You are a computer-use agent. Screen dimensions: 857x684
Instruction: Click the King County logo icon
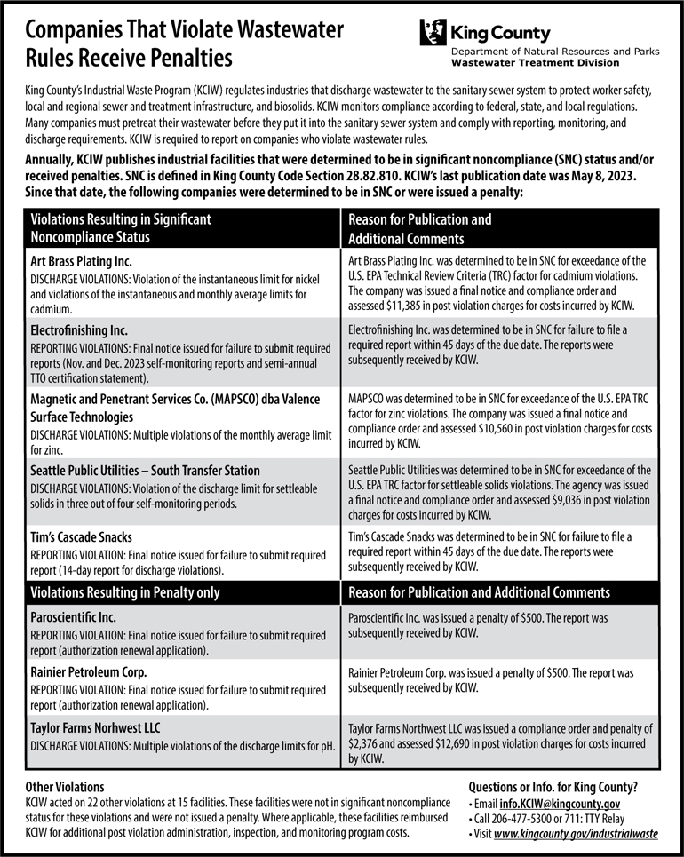[x=433, y=33]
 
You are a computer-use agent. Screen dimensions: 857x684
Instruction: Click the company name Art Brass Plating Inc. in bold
[x=81, y=261]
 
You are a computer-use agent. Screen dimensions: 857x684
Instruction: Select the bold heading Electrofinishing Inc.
[x=79, y=330]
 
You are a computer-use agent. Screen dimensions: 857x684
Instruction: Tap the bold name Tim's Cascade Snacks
[x=81, y=537]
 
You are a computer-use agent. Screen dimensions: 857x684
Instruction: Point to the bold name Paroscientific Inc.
[x=74, y=616]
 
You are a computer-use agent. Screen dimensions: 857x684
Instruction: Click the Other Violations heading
[x=65, y=787]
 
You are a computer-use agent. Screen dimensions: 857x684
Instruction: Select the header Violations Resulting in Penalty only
[x=124, y=591]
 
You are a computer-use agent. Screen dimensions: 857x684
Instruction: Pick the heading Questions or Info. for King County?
[x=553, y=787]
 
